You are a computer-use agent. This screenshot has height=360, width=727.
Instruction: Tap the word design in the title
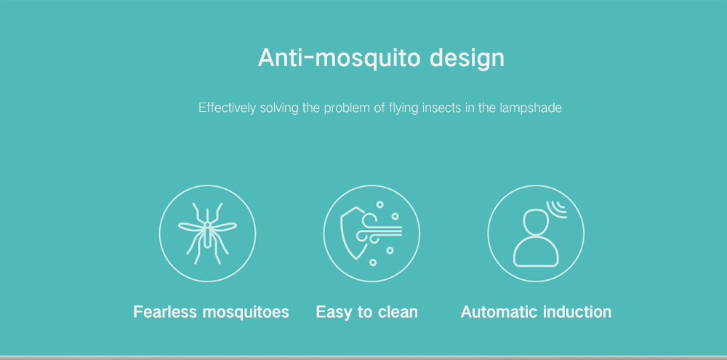[467, 58]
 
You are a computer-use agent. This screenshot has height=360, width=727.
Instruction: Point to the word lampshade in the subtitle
[531, 108]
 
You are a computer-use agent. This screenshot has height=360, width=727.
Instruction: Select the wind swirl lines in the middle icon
[378, 228]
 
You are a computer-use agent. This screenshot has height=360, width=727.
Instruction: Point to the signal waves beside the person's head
[557, 209]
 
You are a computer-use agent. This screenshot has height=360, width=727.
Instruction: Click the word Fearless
[166, 312]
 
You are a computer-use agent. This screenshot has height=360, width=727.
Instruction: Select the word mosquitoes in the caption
[246, 313]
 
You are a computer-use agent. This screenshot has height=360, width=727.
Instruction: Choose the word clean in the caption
[398, 312]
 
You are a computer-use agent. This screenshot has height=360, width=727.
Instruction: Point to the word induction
[577, 312]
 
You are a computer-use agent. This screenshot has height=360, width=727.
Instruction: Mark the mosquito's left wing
[191, 227]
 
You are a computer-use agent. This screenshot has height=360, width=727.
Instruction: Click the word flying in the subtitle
[403, 109]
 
